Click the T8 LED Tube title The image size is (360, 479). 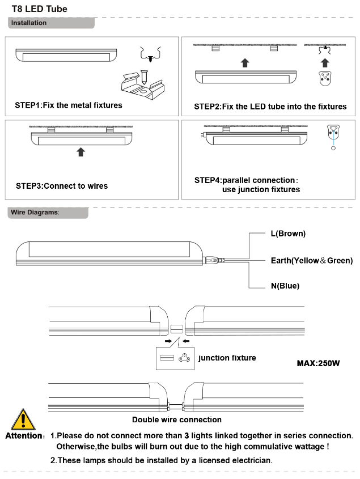(40, 9)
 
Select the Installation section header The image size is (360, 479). (29, 23)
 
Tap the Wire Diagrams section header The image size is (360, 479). (35, 213)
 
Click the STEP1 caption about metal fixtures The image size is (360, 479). (69, 105)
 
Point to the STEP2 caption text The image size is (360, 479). (270, 107)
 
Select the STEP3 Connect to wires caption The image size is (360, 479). (62, 186)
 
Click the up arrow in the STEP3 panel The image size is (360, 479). (81, 152)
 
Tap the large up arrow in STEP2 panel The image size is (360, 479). (244, 62)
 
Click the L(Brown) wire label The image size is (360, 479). (288, 234)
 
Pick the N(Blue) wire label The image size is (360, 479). (285, 286)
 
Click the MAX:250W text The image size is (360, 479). (318, 363)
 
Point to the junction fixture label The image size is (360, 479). (227, 358)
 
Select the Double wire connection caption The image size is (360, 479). (177, 419)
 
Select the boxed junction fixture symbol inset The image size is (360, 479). (175, 358)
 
